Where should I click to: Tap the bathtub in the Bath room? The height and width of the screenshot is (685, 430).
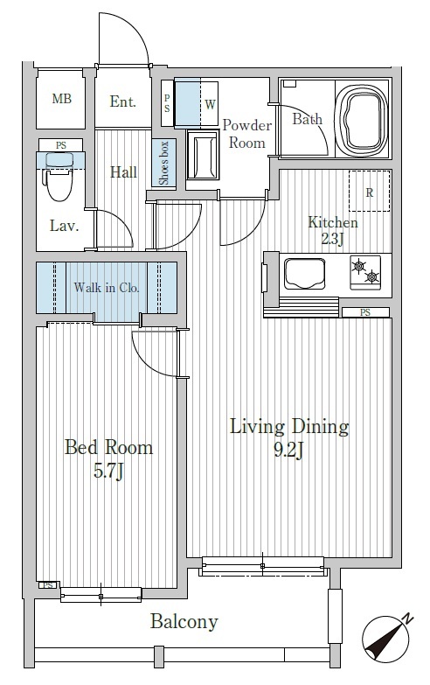click(x=362, y=118)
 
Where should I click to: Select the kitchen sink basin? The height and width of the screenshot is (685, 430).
click(x=305, y=274)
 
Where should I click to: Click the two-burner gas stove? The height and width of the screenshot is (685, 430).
click(x=365, y=271)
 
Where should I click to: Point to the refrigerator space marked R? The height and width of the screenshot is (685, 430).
click(x=370, y=191)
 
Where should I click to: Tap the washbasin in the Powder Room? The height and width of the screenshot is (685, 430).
click(x=202, y=156)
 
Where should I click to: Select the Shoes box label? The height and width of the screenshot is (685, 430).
click(x=163, y=163)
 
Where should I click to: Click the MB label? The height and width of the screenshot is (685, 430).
click(x=61, y=99)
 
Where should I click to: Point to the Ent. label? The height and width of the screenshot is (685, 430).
click(x=123, y=101)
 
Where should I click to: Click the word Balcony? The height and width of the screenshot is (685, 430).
click(x=184, y=621)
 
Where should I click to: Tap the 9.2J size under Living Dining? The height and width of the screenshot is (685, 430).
click(x=288, y=449)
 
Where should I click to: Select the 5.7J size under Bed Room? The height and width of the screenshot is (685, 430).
click(x=108, y=471)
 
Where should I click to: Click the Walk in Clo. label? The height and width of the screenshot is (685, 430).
click(x=107, y=288)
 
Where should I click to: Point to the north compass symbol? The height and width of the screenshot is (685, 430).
click(x=386, y=639)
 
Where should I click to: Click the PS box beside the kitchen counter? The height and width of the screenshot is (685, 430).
click(x=365, y=312)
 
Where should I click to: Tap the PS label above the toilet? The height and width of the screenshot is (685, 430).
click(x=60, y=145)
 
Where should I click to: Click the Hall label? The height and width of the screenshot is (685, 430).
click(x=123, y=172)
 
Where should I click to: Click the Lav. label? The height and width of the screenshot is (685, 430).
click(x=64, y=226)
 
